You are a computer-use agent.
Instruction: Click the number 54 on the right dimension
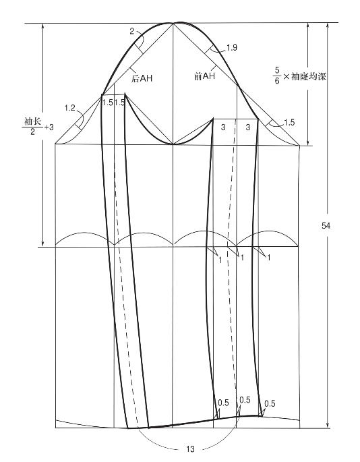pos(326,226)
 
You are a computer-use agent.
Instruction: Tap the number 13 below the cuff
pos(190,449)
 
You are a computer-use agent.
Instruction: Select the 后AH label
pos(142,79)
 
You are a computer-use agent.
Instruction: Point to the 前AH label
pos(204,76)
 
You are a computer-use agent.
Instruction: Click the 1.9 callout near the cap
pos(232,47)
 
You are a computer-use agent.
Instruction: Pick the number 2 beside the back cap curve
pos(132,31)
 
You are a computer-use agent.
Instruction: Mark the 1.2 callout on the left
pos(70,108)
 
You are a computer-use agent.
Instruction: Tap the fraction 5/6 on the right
pos(277,76)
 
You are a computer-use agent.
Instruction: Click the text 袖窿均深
pos(309,77)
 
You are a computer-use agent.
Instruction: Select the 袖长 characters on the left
pos(32,121)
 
